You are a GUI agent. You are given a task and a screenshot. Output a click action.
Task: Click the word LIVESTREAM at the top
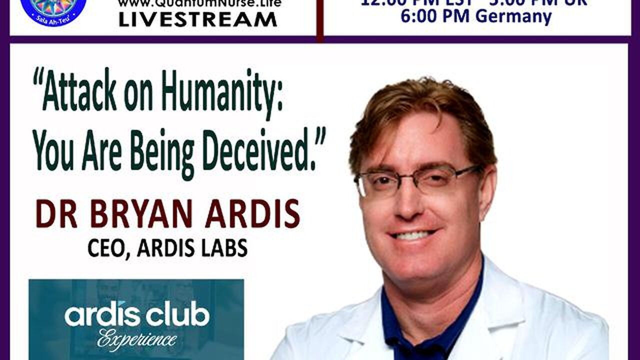pyautogui.click(x=197, y=19)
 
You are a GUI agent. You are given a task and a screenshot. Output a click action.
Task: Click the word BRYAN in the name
pyautogui.click(x=141, y=215)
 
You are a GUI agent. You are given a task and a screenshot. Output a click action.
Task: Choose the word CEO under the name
pyautogui.click(x=106, y=248)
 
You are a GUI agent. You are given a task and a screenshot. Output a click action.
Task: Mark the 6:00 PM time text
pyautogui.click(x=435, y=16)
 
